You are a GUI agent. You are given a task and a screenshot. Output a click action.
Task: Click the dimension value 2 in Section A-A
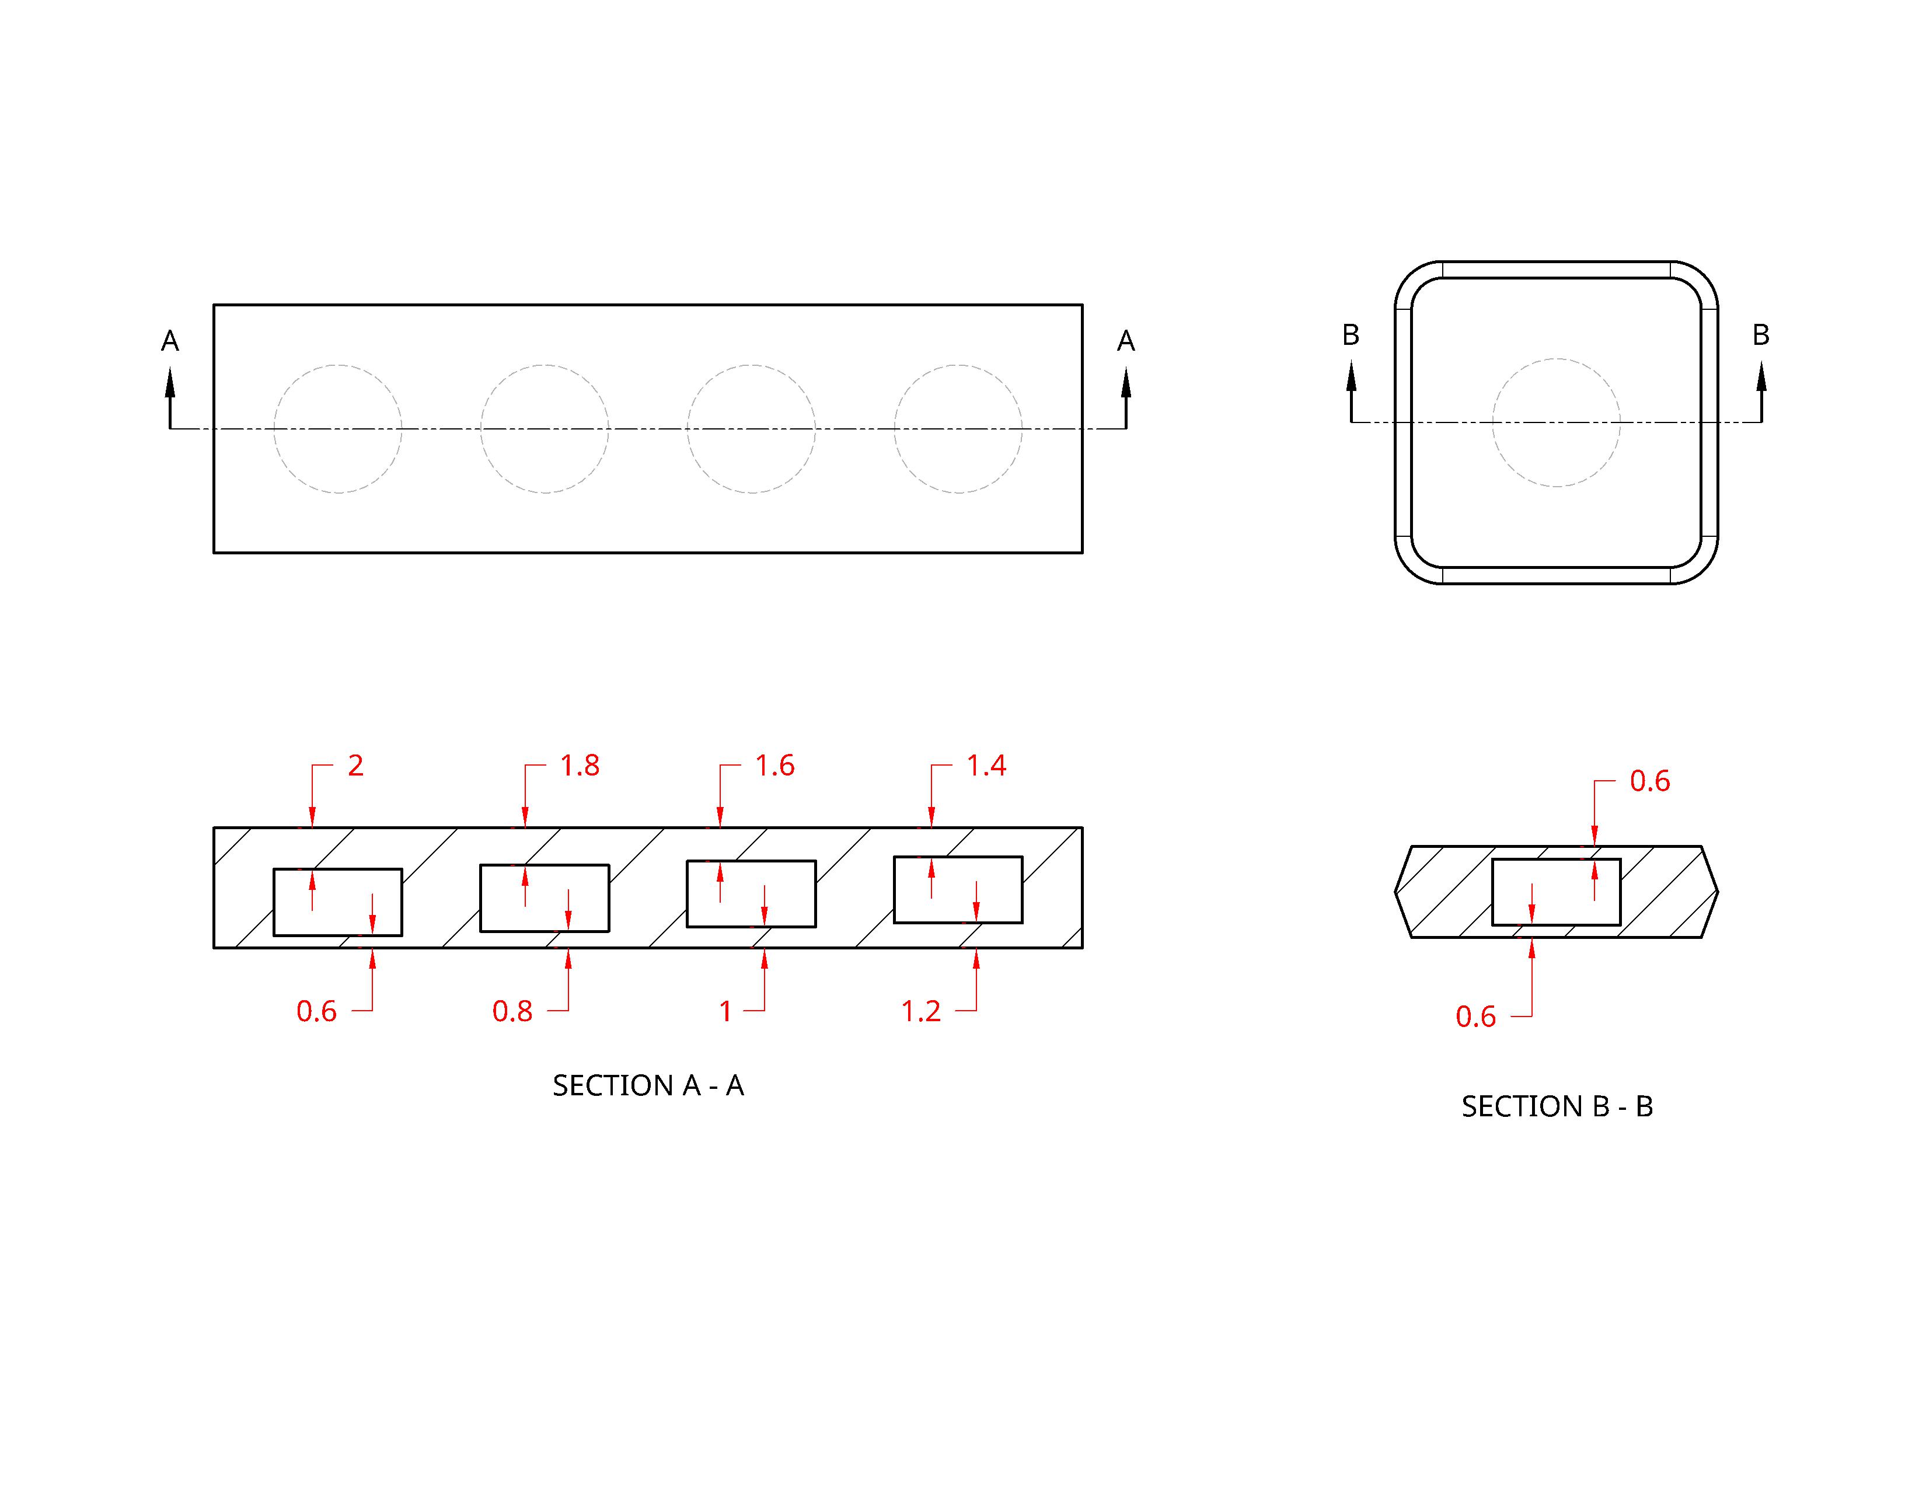click(x=355, y=765)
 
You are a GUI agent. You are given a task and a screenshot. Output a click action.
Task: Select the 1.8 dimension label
click(x=580, y=765)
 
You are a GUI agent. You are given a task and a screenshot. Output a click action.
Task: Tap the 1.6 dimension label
click(x=774, y=765)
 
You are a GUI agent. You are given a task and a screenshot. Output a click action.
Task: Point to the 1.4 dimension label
click(x=986, y=765)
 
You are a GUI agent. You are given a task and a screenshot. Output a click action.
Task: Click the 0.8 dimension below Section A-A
click(x=512, y=1011)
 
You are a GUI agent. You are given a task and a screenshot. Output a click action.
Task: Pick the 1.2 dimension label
click(x=920, y=1011)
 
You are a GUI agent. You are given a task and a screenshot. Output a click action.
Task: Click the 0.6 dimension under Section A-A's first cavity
click(x=316, y=1011)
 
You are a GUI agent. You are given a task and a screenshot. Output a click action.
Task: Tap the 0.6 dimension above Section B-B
click(x=1649, y=781)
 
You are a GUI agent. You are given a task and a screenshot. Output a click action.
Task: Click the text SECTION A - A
click(x=648, y=1085)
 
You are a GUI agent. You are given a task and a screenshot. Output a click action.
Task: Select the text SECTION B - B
click(x=1557, y=1106)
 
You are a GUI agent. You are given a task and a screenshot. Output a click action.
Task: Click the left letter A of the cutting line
click(x=170, y=341)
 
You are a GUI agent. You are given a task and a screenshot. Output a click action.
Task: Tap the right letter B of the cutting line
click(x=1760, y=335)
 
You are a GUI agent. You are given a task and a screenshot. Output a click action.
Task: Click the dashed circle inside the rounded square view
click(x=1557, y=359)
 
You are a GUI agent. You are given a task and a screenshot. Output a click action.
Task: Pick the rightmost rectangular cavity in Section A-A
click(x=958, y=889)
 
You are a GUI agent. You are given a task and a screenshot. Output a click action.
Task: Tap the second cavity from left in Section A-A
click(x=544, y=897)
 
